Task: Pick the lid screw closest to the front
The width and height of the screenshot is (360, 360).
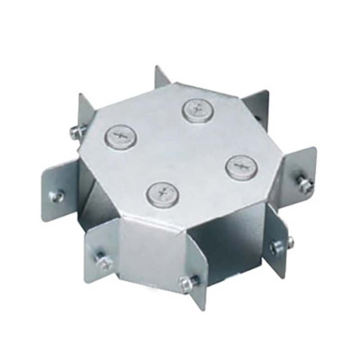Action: [162, 194]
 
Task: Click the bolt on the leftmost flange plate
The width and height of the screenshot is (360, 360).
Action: [57, 196]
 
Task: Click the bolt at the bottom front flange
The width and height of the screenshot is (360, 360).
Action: [186, 283]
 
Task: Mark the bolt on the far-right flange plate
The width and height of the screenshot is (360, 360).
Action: [304, 184]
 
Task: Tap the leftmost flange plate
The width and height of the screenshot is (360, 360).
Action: [58, 189]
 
